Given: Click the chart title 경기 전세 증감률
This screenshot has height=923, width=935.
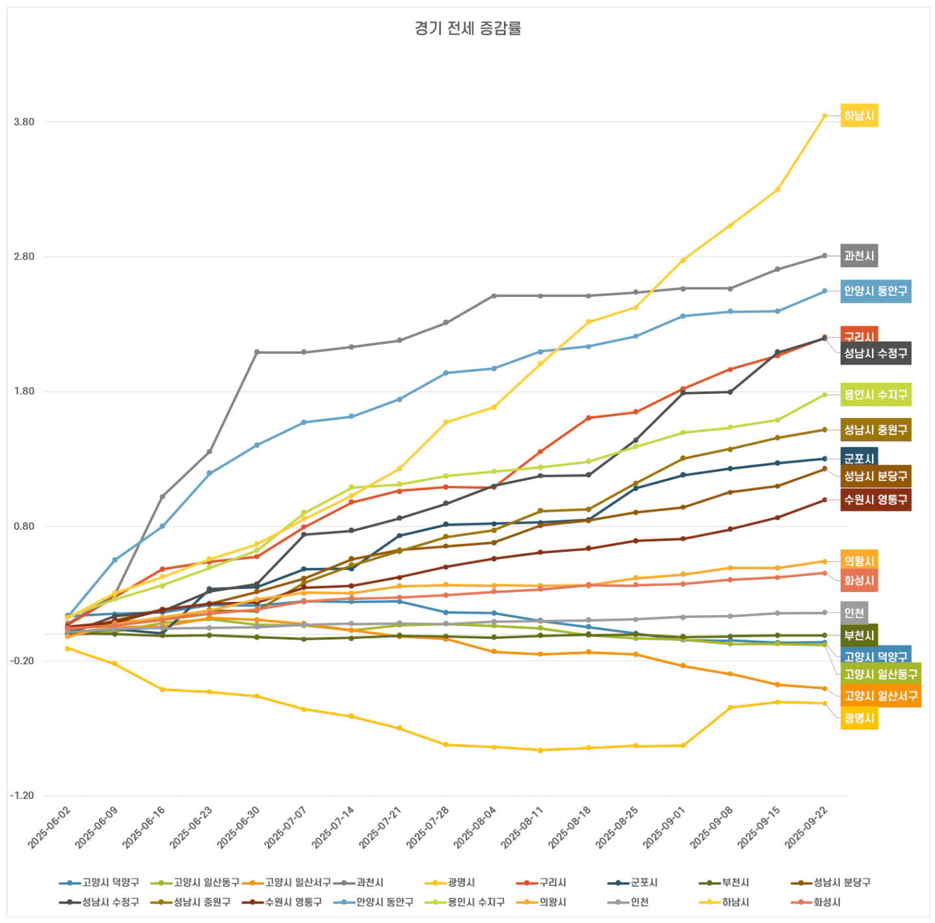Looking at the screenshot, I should pos(467,28).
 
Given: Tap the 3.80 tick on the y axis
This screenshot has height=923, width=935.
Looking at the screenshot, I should pos(24,122).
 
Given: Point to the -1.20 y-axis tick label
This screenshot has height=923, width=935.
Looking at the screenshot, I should pos(23,796).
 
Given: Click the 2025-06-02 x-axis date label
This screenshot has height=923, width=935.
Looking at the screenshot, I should pos(50,827).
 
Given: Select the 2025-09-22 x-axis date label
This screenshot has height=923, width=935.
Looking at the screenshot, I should pos(807,827).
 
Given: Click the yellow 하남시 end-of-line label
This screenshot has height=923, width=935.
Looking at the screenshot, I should pos(859,116).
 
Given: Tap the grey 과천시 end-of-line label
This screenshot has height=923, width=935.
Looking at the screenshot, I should pos(859,255).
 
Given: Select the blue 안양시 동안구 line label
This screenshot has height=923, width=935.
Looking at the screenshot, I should pos(875,291).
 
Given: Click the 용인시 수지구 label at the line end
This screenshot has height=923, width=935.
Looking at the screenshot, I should pos(875,395).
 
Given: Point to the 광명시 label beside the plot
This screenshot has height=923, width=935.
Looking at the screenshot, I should pos(859,718).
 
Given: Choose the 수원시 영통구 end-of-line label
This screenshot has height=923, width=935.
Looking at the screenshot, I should pos(875,500).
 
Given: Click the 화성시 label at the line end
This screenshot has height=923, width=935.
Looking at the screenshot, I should pos(859,580).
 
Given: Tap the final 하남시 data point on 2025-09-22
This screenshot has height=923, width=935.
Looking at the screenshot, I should pos(824,116).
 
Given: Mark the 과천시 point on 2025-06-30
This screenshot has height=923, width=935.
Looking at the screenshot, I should pos(257,352).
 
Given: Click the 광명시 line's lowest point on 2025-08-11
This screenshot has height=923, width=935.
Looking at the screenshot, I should pos(540,750).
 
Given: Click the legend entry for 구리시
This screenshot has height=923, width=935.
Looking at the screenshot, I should pos(546,883).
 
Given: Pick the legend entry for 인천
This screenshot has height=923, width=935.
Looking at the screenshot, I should pos(632,902).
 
